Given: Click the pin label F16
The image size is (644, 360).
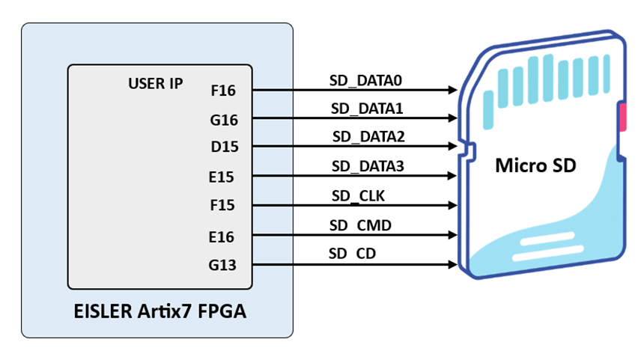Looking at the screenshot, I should (x=223, y=91).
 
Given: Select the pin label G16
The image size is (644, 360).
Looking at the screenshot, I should (x=223, y=120).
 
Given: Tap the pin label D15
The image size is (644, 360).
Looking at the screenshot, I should (x=224, y=147).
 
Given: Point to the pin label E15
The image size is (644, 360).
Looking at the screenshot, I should (x=223, y=178).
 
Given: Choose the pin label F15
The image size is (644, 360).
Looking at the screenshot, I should (x=223, y=206).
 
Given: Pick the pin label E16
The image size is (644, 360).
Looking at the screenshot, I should (x=223, y=237).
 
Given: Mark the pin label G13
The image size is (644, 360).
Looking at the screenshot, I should (x=223, y=265).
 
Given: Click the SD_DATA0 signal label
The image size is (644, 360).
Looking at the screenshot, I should (x=367, y=79).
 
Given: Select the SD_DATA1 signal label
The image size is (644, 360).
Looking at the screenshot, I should (x=367, y=109).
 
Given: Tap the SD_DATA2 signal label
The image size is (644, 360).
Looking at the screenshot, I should (x=368, y=137).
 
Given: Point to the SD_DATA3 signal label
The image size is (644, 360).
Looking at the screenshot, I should (x=368, y=167).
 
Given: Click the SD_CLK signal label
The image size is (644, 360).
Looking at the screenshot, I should (x=358, y=196).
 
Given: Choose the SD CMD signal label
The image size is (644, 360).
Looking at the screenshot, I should (x=360, y=225).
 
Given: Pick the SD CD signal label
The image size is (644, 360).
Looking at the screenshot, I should (x=352, y=254).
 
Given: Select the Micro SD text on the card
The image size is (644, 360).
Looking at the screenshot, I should (x=535, y=165).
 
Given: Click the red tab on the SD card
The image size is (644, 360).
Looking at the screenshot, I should (x=622, y=118).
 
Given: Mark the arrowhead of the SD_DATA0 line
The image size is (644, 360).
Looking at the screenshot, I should (x=453, y=90).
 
